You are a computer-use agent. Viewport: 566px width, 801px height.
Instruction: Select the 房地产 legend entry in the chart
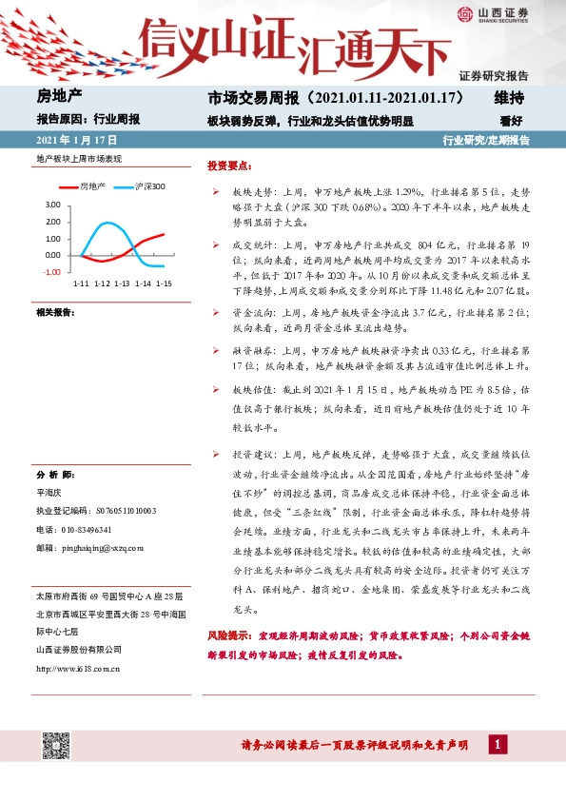93,186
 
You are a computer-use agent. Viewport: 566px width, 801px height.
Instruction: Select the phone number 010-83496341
86,529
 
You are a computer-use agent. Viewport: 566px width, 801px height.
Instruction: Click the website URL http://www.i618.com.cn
78,668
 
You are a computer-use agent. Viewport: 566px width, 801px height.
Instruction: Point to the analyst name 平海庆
49,493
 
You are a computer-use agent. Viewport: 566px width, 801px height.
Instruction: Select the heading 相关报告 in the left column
56,313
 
